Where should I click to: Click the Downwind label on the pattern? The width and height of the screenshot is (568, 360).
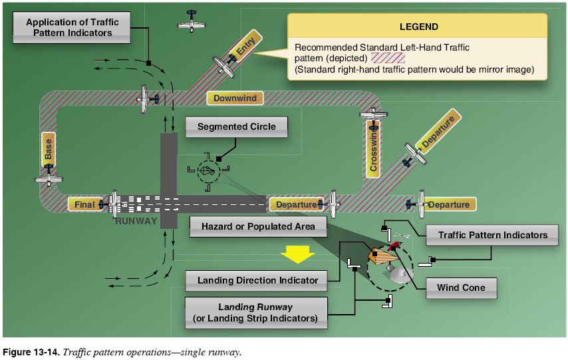(235, 98)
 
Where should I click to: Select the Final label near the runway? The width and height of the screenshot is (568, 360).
(84, 205)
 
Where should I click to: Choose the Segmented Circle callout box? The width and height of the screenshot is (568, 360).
(236, 126)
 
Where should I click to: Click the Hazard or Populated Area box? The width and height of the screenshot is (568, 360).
(258, 227)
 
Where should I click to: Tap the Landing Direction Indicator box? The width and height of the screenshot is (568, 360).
(257, 280)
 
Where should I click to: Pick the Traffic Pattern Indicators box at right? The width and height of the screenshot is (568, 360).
(493, 235)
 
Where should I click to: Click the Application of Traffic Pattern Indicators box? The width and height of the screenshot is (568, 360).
(72, 27)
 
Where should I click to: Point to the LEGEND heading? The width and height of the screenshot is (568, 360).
(418, 27)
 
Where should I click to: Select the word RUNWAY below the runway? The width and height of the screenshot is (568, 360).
(136, 221)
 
